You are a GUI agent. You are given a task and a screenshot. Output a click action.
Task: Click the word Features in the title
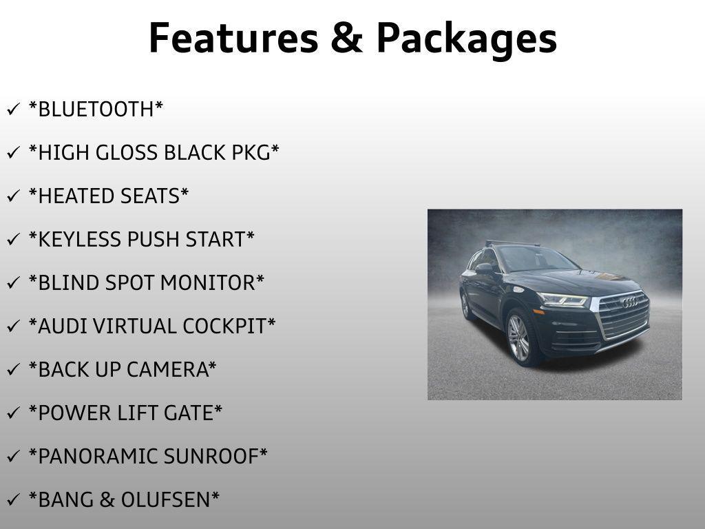point(234,38)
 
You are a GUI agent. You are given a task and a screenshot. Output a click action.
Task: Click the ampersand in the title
point(347,39)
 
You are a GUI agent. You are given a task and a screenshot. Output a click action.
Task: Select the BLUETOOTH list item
point(96,110)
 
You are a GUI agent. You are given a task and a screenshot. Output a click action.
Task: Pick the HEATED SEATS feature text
point(109,196)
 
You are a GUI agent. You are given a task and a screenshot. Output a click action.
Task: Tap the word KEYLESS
point(78,239)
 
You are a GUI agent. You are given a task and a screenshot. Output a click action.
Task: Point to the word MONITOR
point(208,283)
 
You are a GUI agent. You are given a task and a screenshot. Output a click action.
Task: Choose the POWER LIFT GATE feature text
point(125,413)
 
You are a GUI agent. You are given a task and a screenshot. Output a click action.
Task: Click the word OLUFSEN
point(165,500)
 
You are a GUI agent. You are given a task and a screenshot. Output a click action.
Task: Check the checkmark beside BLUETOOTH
point(13,110)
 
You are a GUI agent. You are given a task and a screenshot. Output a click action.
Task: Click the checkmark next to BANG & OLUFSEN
point(13,500)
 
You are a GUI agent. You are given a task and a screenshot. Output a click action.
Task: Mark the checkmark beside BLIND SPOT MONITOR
point(13,283)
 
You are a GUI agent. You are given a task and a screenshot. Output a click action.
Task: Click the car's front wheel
point(519,338)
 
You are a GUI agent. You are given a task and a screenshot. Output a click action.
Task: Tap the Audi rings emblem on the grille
point(630,302)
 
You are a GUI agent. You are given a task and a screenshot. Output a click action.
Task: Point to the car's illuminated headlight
point(562,300)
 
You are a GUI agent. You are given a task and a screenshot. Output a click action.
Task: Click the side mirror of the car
point(483,269)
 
